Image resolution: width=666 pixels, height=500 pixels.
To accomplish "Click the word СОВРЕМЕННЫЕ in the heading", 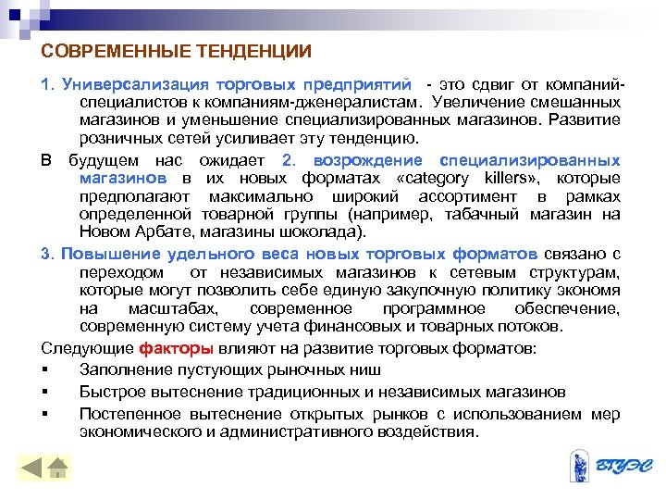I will (x=103, y=49).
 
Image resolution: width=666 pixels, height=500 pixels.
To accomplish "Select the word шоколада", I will (x=327, y=231).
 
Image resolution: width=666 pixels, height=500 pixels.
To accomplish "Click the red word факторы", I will (x=177, y=348).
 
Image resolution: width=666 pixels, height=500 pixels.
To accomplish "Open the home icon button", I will (x=57, y=469).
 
